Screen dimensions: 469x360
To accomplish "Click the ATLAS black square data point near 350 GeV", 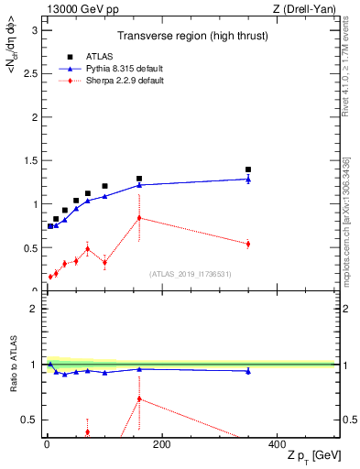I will (248, 169).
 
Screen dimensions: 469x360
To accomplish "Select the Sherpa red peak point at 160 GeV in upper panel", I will (139, 217).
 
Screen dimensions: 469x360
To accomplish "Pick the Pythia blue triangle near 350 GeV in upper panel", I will (248, 179).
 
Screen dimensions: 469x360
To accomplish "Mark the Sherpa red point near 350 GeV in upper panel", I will (248, 244).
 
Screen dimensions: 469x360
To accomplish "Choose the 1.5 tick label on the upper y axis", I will (32, 160).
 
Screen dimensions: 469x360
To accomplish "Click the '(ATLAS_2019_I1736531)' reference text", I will (191, 273).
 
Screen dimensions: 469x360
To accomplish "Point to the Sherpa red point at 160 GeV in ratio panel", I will (139, 398).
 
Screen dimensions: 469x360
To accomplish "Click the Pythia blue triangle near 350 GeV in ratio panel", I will (248, 371).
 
